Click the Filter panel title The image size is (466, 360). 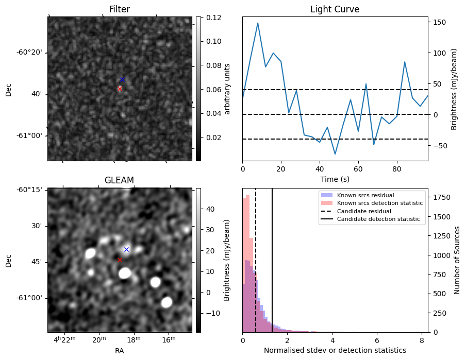[120, 9]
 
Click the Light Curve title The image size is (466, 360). [335, 9]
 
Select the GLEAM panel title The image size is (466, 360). [120, 180]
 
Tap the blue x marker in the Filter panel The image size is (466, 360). [122, 79]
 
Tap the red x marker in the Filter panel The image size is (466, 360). [120, 89]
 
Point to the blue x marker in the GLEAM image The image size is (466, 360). [126, 249]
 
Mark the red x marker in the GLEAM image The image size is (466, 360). [120, 260]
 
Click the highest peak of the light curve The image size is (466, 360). [258, 23]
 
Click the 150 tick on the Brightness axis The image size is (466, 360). [439, 22]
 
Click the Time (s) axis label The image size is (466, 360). [335, 178]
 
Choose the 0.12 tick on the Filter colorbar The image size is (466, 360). [212, 18]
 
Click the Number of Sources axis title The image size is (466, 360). [457, 260]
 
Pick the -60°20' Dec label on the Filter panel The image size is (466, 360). [30, 53]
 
